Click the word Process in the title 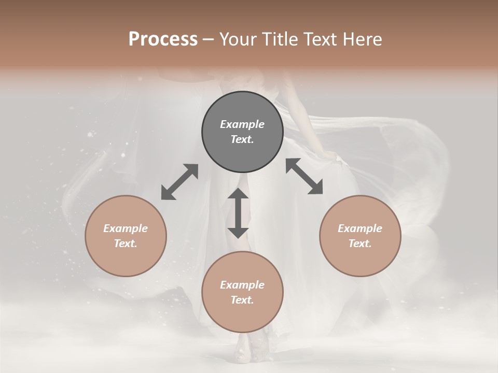pos(163,39)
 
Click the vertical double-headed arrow pos(238,213)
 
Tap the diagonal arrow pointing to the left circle pos(179,182)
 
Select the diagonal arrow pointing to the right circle pos(304,176)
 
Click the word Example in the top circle pos(242,124)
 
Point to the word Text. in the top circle pos(242,139)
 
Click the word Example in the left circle pos(126,228)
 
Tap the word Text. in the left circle pos(126,243)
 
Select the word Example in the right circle pos(360,228)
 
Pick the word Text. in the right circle pos(360,243)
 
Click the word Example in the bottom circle pos(242,285)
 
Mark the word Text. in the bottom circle pos(242,300)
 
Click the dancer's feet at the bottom pos(249,352)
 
